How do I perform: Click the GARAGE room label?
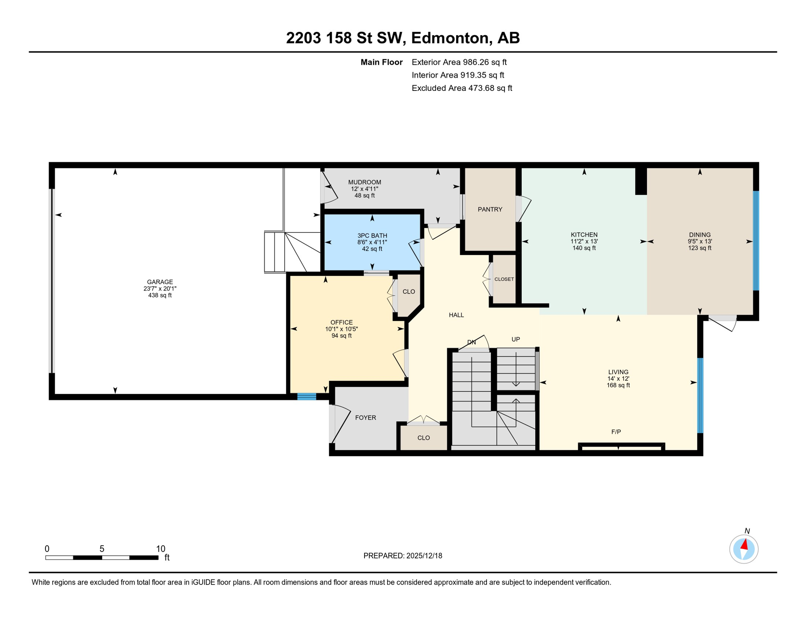click(160, 282)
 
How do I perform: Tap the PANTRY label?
click(490, 209)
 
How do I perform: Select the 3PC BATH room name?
click(372, 236)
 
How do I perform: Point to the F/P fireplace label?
click(616, 432)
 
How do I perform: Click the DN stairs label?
click(471, 342)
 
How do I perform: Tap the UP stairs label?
click(515, 339)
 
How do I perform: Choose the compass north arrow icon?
click(744, 549)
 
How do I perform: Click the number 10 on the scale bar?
click(161, 549)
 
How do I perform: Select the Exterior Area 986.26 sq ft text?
click(459, 62)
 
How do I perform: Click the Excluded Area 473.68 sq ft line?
click(462, 88)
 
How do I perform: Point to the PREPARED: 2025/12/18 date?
click(403, 556)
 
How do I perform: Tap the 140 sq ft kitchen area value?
click(584, 248)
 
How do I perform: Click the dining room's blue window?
click(756, 241)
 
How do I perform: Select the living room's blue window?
click(700, 395)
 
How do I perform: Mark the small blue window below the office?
click(307, 397)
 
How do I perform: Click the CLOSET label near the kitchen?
click(504, 279)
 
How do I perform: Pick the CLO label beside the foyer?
click(423, 438)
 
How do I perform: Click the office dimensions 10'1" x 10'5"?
click(341, 329)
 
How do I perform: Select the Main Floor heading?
click(382, 62)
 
